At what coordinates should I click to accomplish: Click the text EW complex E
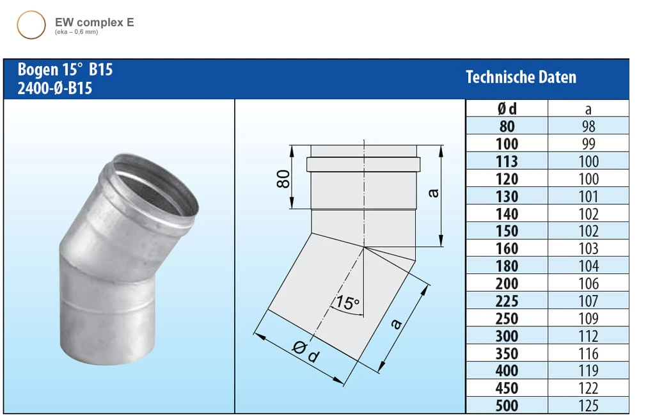[94, 22]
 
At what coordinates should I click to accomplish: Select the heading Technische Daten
[521, 77]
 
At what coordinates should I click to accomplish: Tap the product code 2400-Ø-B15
[55, 88]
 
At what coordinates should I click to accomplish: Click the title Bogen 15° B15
[65, 70]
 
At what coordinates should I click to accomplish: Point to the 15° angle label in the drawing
[346, 302]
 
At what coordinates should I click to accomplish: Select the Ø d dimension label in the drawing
[306, 351]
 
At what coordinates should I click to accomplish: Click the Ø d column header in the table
[507, 109]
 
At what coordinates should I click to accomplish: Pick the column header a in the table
[588, 109]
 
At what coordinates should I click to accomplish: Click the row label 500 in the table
[507, 405]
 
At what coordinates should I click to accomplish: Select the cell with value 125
[588, 405]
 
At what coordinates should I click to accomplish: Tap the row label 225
[507, 301]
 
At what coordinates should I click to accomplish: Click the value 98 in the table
[588, 126]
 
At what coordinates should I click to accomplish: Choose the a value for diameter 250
[588, 318]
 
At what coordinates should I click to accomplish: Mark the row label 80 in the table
[507, 126]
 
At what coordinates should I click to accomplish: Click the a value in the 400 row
[588, 370]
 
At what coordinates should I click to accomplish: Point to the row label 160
[507, 248]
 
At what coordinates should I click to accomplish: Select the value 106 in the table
[588, 284]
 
